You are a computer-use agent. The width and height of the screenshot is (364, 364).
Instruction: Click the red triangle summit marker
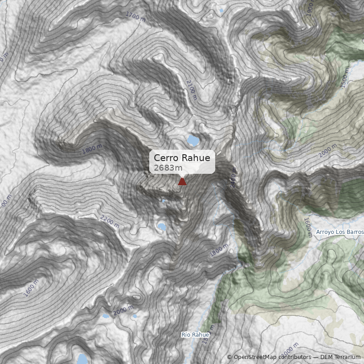pyautogui.click(x=182, y=181)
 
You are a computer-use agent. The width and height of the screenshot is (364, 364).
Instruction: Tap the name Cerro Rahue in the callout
pyautogui.click(x=182, y=158)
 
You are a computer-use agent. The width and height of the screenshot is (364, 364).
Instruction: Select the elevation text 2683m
pyautogui.click(x=165, y=168)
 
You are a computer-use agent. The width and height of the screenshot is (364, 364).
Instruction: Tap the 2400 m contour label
pyautogui.click(x=233, y=180)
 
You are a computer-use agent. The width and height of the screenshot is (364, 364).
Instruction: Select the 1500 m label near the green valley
pyautogui.click(x=346, y=81)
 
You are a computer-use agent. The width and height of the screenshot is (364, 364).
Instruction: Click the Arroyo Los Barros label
pyautogui.click(x=339, y=232)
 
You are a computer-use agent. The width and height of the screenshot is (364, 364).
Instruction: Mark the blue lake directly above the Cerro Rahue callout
pyautogui.click(x=193, y=140)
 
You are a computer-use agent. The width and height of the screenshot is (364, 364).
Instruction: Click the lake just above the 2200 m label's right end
pyautogui.click(x=162, y=227)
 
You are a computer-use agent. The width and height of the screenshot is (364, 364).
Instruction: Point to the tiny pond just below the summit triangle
pyautogui.click(x=164, y=200)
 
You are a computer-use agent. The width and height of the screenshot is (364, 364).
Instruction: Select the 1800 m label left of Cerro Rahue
pyautogui.click(x=92, y=149)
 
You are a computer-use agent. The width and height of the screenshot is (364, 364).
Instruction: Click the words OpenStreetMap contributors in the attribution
pyautogui.click(x=272, y=357)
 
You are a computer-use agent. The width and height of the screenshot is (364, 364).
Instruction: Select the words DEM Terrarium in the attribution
pyautogui.click(x=340, y=357)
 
